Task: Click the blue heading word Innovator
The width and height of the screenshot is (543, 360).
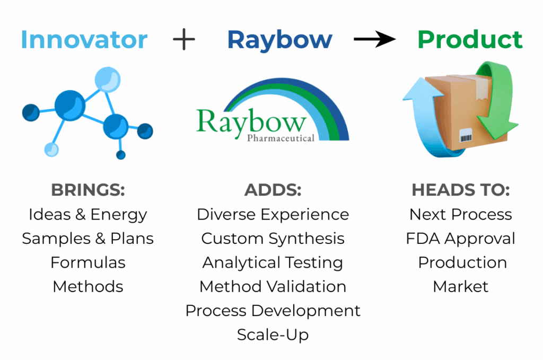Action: [x=84, y=39]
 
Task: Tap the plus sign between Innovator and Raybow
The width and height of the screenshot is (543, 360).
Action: [x=184, y=39]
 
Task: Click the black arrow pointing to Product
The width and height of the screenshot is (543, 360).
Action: [x=375, y=39]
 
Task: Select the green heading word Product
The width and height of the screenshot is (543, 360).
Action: [x=470, y=39]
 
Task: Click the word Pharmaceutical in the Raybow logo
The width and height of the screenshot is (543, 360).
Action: [x=281, y=138]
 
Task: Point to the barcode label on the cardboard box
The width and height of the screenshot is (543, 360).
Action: [x=466, y=135]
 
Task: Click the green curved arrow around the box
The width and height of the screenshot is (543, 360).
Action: [x=495, y=100]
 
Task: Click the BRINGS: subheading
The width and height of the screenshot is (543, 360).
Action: [x=88, y=190]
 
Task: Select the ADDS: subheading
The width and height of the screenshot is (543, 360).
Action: [x=273, y=190]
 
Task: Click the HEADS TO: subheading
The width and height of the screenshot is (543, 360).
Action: [x=461, y=190]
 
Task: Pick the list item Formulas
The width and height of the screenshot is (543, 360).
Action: [x=88, y=262]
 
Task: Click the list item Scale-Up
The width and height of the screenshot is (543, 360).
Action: [x=273, y=335]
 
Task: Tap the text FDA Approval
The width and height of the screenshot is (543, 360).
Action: [x=461, y=239]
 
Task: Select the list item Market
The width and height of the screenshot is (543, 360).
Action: [x=461, y=287]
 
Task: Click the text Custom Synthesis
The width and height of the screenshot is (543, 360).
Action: [x=273, y=239]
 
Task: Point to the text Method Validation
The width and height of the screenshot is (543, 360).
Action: [x=273, y=287]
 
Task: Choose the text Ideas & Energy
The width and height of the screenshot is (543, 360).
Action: [x=88, y=215]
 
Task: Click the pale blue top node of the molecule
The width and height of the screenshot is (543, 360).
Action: [x=108, y=80]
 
